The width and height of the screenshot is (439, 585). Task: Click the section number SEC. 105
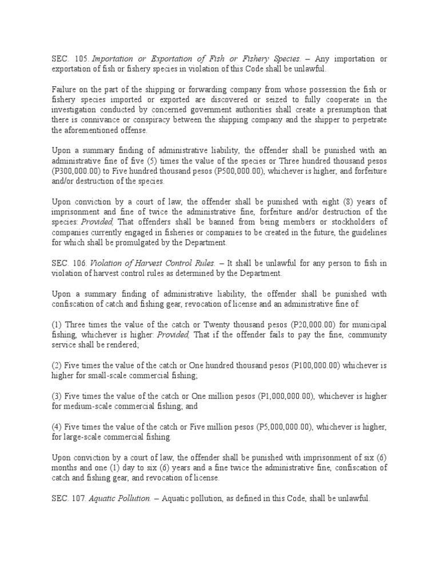pos(69,59)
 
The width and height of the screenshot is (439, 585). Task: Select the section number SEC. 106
pos(69,263)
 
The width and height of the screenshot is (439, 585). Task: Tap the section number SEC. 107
pos(69,499)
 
